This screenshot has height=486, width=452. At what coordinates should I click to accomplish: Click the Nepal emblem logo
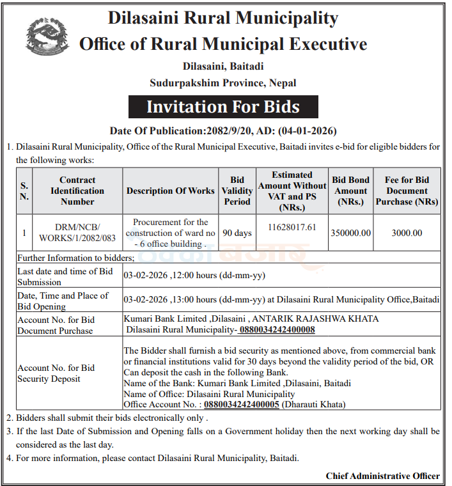(48, 38)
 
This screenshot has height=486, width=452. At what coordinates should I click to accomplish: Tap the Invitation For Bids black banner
(223, 106)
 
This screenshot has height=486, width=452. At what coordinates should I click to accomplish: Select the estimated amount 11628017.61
(292, 228)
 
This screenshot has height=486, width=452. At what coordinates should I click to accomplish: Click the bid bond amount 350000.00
(350, 233)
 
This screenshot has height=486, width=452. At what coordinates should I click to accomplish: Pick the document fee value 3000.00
(407, 233)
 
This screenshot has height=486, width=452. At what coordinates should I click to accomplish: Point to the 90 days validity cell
(237, 233)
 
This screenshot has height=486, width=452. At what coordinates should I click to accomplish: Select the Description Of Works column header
(170, 191)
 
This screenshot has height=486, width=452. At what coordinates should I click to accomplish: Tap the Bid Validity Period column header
(237, 191)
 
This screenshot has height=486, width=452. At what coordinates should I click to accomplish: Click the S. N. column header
(24, 191)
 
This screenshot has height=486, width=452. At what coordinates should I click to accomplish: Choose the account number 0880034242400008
(277, 330)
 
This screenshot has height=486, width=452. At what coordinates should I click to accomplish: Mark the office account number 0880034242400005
(241, 404)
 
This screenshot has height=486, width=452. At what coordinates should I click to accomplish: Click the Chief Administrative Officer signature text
(382, 476)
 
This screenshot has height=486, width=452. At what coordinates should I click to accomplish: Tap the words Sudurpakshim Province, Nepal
(223, 83)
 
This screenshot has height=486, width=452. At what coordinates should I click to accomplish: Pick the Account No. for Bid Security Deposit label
(56, 373)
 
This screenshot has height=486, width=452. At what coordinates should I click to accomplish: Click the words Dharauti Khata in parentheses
(313, 404)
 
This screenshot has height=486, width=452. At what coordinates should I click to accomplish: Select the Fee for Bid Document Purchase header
(407, 191)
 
